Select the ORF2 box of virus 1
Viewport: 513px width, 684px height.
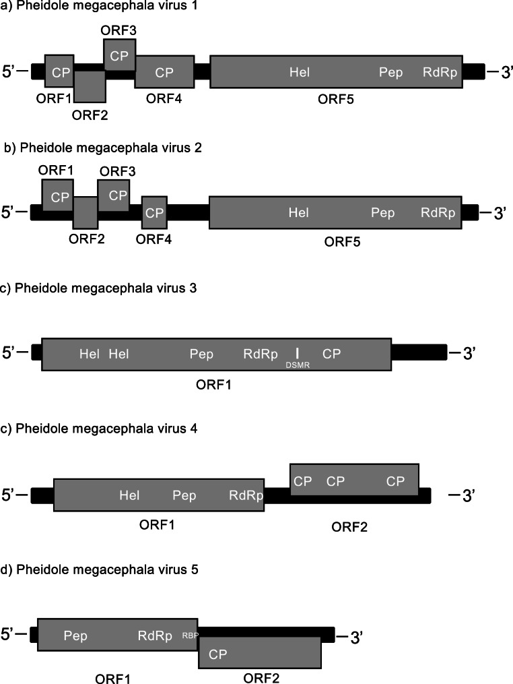[x=90, y=86]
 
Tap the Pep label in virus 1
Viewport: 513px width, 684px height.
[x=390, y=72]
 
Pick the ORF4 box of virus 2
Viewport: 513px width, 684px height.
[x=155, y=214]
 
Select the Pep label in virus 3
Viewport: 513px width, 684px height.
[x=201, y=354]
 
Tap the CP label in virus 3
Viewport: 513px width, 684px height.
[x=331, y=354]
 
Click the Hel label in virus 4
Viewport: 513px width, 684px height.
[x=129, y=496]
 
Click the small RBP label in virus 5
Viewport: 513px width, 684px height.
[x=189, y=635]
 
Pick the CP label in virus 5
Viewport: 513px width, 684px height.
[x=217, y=654]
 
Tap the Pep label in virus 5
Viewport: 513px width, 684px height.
[x=75, y=635]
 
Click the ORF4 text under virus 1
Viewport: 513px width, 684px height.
[x=164, y=99]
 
